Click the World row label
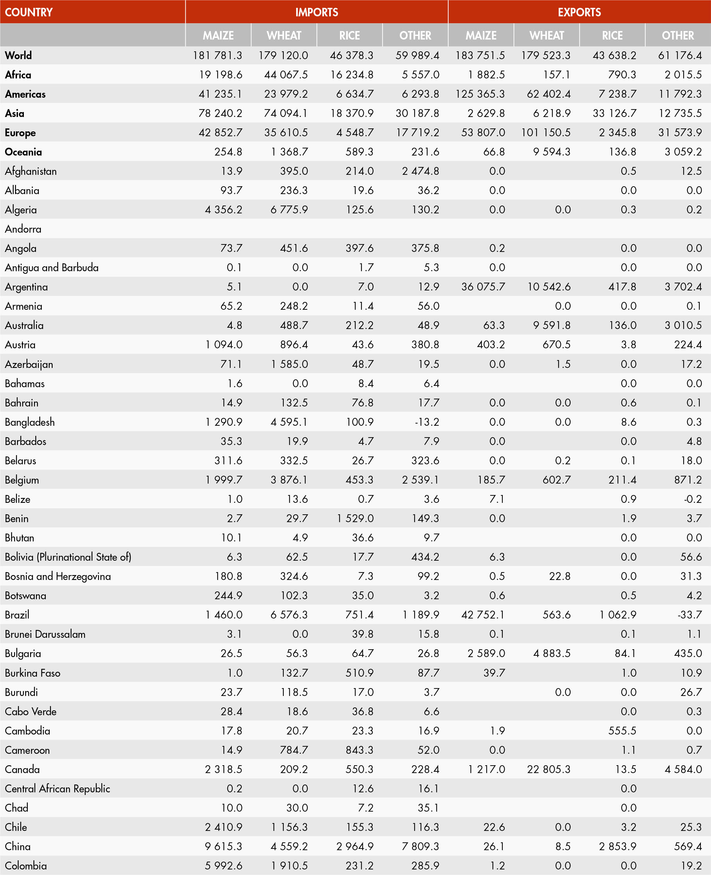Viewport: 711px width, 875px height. pyautogui.click(x=18, y=55)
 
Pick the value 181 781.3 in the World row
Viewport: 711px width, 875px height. pyautogui.click(x=217, y=55)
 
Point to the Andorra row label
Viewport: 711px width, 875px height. pyautogui.click(x=23, y=229)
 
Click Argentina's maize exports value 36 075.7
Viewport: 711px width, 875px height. pyautogui.click(x=483, y=287)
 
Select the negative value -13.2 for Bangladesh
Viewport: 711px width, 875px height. pyautogui.click(x=427, y=422)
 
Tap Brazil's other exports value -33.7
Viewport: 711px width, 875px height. pyautogui.click(x=690, y=615)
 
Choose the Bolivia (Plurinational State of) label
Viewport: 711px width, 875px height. pyautogui.click(x=68, y=557)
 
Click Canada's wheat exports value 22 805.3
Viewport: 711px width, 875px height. pyautogui.click(x=549, y=769)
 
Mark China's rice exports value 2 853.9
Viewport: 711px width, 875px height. pyautogui.click(x=617, y=846)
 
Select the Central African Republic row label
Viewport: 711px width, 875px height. pyautogui.click(x=57, y=789)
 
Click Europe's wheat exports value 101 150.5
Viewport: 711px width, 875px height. pyautogui.click(x=546, y=133)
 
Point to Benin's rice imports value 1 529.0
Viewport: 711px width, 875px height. pyautogui.click(x=355, y=519)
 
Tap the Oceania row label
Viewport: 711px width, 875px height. pyautogui.click(x=23, y=152)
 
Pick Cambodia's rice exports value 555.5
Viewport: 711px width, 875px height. pyautogui.click(x=622, y=731)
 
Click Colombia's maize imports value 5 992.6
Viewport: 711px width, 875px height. pyautogui.click(x=223, y=866)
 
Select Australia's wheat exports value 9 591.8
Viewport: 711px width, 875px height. pyautogui.click(x=552, y=325)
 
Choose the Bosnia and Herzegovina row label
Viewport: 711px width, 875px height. pyautogui.click(x=58, y=576)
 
